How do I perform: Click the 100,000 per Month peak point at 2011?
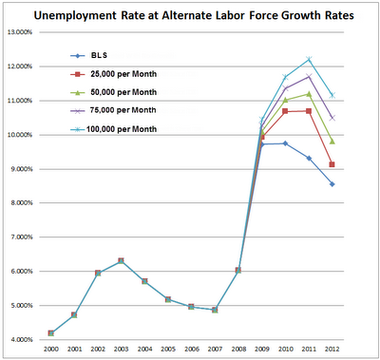coord(308,59)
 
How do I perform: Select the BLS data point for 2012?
coord(331,184)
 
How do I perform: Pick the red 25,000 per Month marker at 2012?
coord(331,164)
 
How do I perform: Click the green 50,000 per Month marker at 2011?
coord(308,93)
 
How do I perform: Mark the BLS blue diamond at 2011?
coord(308,158)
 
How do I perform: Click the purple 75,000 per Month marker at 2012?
coord(331,118)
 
